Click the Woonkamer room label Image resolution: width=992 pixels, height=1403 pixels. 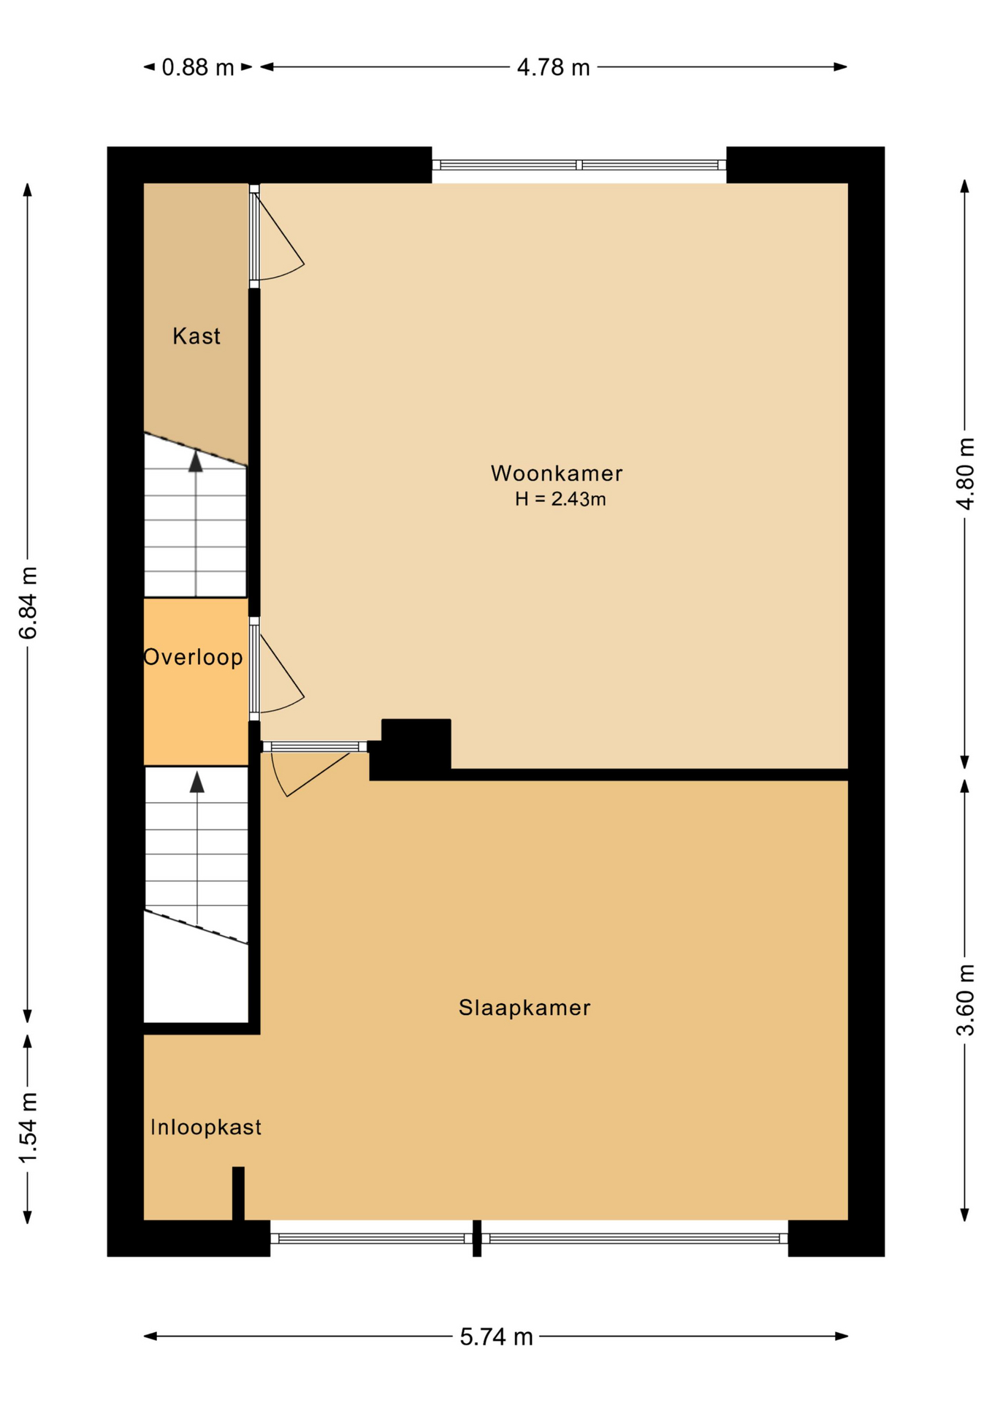(556, 474)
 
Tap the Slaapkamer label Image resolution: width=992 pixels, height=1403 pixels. (524, 1008)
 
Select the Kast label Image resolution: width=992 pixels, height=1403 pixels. (196, 336)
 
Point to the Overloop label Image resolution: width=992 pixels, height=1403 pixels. (193, 657)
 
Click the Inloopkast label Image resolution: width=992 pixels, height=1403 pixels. (205, 1127)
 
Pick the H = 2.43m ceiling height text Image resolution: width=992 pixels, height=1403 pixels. (560, 499)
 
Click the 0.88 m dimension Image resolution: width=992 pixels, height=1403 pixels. (197, 67)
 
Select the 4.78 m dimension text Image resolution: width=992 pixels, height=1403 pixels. (553, 67)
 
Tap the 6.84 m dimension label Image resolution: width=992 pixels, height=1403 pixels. (28, 602)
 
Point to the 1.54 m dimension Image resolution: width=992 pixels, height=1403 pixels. (28, 1128)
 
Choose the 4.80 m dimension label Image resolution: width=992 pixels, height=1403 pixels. (965, 474)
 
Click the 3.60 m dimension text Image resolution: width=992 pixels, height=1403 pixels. (965, 1000)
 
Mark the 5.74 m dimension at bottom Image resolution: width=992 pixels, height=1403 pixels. (496, 1337)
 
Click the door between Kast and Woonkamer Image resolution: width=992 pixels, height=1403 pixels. (275, 235)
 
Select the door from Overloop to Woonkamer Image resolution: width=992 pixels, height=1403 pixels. (275, 669)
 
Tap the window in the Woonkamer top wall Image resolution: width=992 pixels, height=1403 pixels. (579, 165)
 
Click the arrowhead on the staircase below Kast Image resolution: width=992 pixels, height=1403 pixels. (195, 462)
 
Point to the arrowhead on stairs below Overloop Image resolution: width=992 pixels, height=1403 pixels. (197, 782)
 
